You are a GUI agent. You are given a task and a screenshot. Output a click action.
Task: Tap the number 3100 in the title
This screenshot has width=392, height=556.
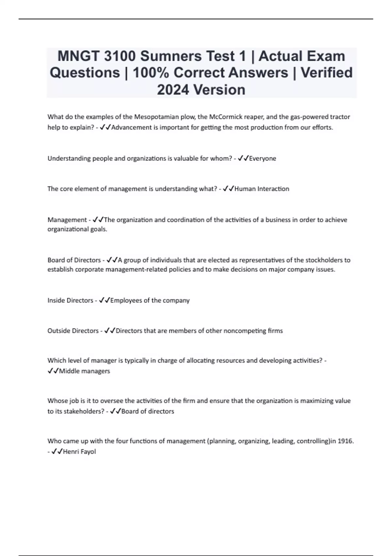[120, 56]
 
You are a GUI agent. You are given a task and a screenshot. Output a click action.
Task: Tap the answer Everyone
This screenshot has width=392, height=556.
[263, 158]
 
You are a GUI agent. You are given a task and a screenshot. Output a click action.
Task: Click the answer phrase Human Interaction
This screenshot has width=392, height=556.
[262, 189]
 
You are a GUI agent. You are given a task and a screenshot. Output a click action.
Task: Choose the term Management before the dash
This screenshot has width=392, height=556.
[67, 220]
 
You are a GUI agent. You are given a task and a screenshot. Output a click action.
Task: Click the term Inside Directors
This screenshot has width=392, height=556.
[70, 300]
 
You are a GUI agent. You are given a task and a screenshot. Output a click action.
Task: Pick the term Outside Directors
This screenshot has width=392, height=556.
[73, 331]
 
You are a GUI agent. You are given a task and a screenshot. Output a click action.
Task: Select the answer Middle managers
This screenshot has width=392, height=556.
[84, 371]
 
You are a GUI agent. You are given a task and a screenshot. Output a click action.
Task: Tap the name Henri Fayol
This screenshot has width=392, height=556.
[79, 452]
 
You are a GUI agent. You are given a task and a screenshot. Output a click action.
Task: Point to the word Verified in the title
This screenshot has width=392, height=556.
[327, 73]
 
